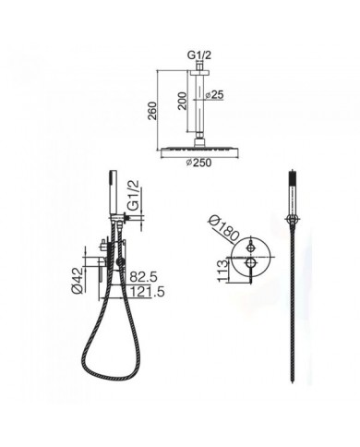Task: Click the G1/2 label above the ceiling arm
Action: pos(199,55)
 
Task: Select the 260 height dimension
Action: pos(152,111)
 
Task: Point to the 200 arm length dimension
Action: pos(183,101)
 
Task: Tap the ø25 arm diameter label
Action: pos(213,95)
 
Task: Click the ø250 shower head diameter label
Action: pos(198,163)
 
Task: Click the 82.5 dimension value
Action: pos(143,277)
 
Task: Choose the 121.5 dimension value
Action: pos(147,291)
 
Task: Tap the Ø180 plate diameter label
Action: pos(223,228)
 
